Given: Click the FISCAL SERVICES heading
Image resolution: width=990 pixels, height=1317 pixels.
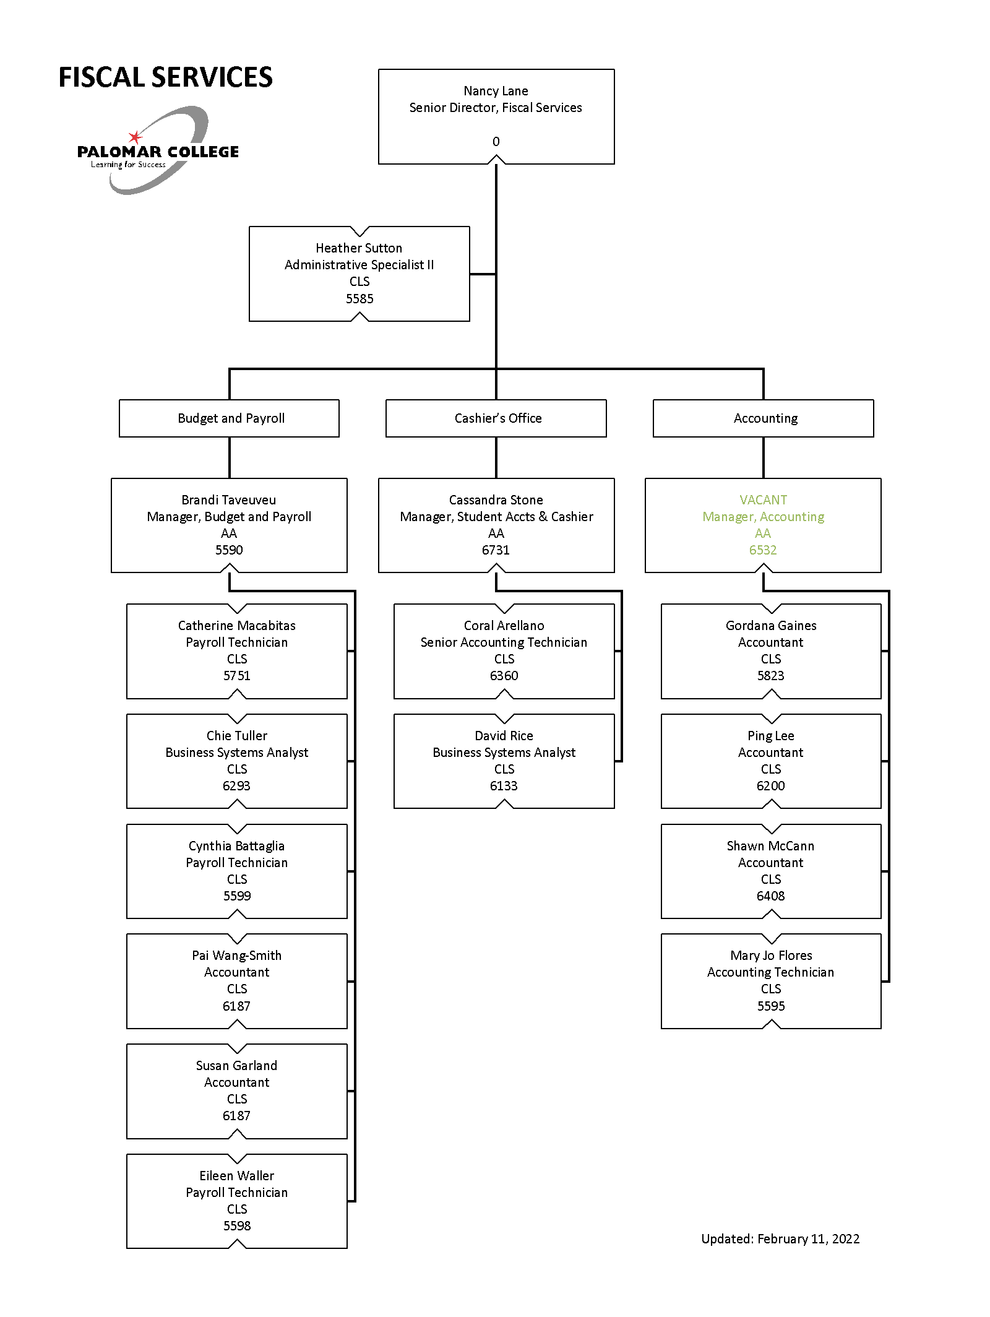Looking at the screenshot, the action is pyautogui.click(x=165, y=77).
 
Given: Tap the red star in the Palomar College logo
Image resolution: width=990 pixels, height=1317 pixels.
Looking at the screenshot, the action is pyautogui.click(x=135, y=137).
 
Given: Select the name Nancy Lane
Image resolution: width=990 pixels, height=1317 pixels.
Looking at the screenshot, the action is pyautogui.click(x=496, y=91).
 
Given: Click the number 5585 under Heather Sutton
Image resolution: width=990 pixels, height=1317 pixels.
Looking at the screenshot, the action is pyautogui.click(x=359, y=299).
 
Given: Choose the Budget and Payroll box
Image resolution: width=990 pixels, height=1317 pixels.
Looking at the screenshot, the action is pyautogui.click(x=229, y=418).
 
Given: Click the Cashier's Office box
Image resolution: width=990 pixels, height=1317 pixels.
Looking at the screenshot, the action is pyautogui.click(x=496, y=418).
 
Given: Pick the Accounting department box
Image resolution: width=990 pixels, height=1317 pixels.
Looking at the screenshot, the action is pyautogui.click(x=764, y=418).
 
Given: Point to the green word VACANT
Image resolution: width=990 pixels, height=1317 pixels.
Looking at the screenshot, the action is pyautogui.click(x=763, y=500).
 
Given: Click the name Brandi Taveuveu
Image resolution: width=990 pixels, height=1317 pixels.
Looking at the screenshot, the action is pyautogui.click(x=229, y=500).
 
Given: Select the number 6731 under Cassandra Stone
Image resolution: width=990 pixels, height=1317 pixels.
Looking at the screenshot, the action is pyautogui.click(x=496, y=550).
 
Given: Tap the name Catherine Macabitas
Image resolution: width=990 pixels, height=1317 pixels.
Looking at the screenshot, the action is pyautogui.click(x=237, y=626).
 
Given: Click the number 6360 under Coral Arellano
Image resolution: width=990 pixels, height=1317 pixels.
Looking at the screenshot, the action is pyautogui.click(x=504, y=676).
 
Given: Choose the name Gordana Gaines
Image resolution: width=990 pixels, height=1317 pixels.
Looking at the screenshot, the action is pyautogui.click(x=771, y=626).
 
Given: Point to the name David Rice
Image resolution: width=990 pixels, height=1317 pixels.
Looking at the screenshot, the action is pyautogui.click(x=504, y=736).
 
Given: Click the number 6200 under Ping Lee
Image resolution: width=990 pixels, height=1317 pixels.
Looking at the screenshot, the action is pyautogui.click(x=771, y=786).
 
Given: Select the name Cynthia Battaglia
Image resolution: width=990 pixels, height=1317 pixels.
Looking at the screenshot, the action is pyautogui.click(x=237, y=846).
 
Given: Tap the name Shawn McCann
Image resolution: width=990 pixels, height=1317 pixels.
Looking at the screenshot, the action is pyautogui.click(x=771, y=846).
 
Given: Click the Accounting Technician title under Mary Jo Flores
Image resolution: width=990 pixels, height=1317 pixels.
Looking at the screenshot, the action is pyautogui.click(x=771, y=972).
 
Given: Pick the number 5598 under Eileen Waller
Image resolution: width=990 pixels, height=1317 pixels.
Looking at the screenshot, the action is pyautogui.click(x=237, y=1226).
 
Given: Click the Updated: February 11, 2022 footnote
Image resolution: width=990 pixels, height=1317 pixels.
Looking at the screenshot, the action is pyautogui.click(x=780, y=1239).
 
